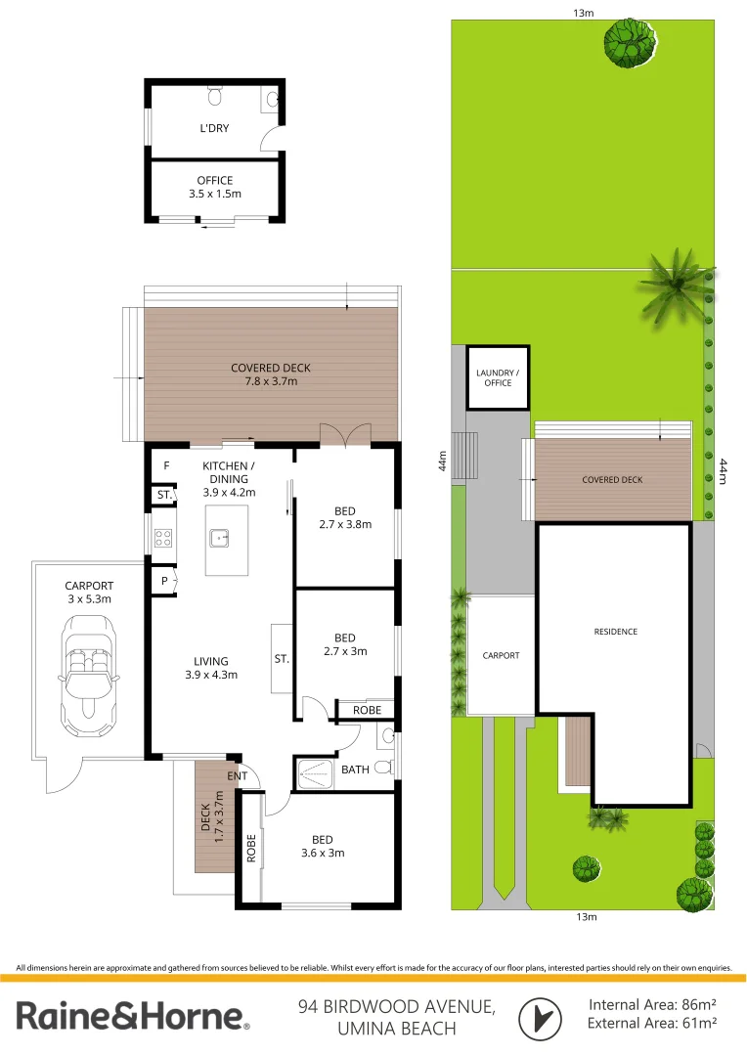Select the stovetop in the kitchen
coord(163,537)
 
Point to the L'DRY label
coord(214,127)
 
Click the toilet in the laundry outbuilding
coord(216,96)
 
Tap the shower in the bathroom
coord(315,772)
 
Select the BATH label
coord(355,770)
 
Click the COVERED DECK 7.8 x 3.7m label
coord(271,374)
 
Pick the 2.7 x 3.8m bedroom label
coord(344,517)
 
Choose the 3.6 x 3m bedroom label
coord(323,846)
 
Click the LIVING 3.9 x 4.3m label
coord(210,668)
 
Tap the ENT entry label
coord(239,776)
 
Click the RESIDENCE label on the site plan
coord(616,632)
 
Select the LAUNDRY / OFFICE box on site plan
coord(498,377)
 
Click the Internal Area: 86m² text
coord(652,1004)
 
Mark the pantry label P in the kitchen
coord(163,580)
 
